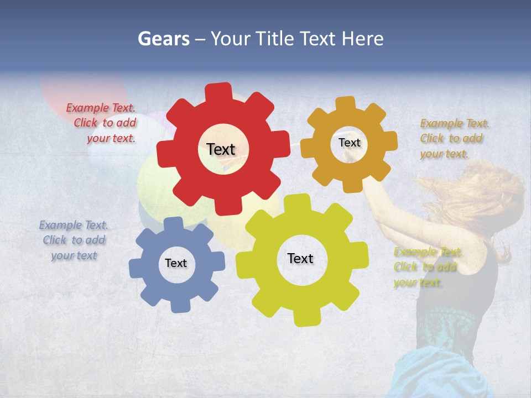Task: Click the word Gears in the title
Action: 163,39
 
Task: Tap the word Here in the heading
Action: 362,39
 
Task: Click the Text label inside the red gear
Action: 221,149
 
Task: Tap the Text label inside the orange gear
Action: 349,143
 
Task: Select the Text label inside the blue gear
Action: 176,263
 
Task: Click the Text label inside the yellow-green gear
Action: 300,258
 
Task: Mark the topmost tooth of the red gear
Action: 220,91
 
